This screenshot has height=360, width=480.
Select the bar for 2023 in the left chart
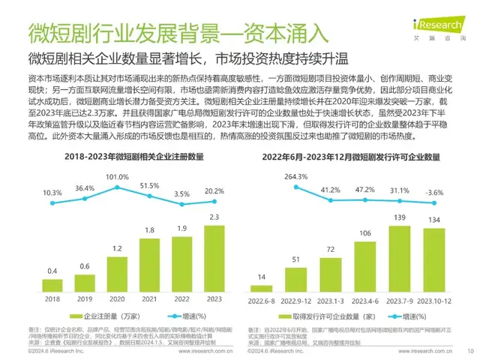tap(214, 256)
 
